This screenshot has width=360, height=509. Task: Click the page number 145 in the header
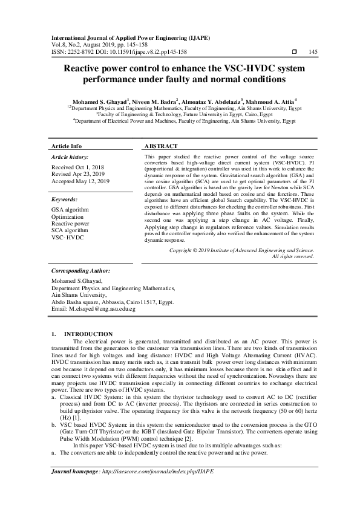click(313, 52)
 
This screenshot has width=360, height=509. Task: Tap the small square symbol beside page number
click(294, 52)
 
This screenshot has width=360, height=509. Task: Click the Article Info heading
click(67, 146)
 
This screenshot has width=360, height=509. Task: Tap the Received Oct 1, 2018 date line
click(78, 167)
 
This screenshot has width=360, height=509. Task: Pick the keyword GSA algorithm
click(70, 210)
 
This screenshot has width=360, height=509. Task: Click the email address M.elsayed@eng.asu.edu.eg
click(94, 309)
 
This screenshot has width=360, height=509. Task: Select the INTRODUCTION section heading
click(88, 334)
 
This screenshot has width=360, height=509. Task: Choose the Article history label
click(71, 157)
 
